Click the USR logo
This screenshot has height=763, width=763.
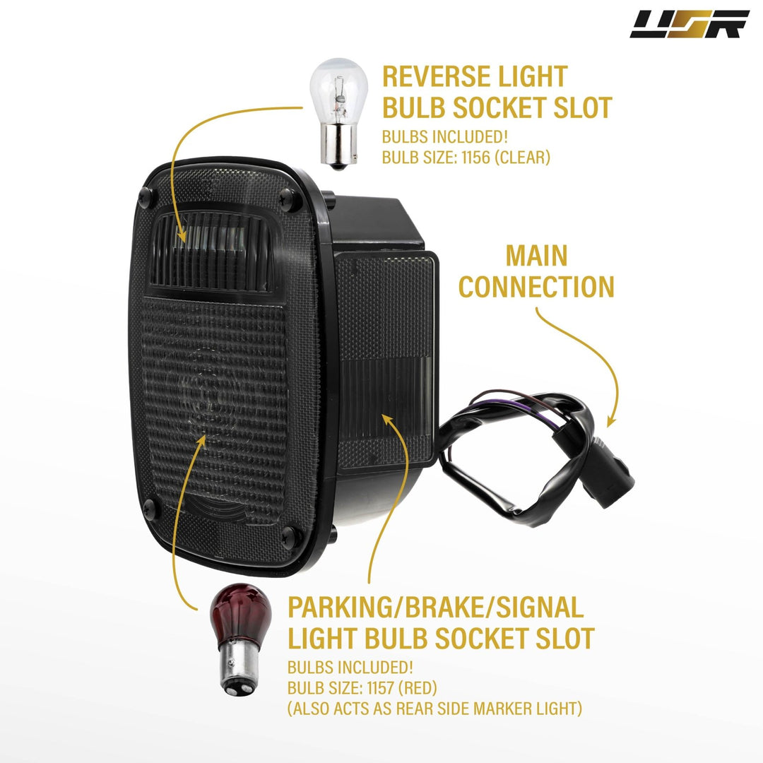pos(689,24)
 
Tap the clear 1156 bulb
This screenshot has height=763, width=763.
pos(338,113)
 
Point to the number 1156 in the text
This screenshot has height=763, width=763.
pos(475,157)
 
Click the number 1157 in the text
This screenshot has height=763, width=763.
pos(380,687)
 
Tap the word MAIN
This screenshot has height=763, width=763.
pos(537,256)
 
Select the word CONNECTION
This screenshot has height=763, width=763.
pos(536,287)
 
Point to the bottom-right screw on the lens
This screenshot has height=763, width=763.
pos(290,536)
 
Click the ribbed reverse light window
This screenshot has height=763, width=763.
pos(213,251)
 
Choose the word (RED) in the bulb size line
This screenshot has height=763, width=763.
pos(418,687)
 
